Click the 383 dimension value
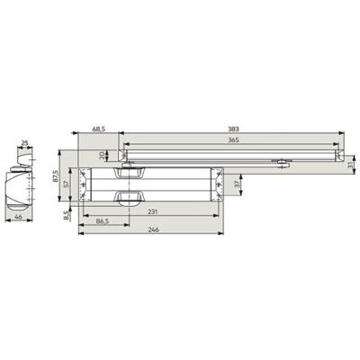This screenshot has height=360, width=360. [x=233, y=130]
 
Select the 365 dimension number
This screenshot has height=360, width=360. [x=233, y=139]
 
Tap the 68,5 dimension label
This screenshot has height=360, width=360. [x=99, y=130]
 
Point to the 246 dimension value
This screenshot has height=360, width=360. [x=153, y=229]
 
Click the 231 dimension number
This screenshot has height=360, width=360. [x=153, y=211]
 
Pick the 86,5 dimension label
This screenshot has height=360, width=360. [x=103, y=220]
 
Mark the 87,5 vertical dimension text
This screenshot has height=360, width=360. [x=55, y=176]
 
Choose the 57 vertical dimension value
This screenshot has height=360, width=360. [x=67, y=184]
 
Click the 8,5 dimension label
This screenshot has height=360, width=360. [x=67, y=215]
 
